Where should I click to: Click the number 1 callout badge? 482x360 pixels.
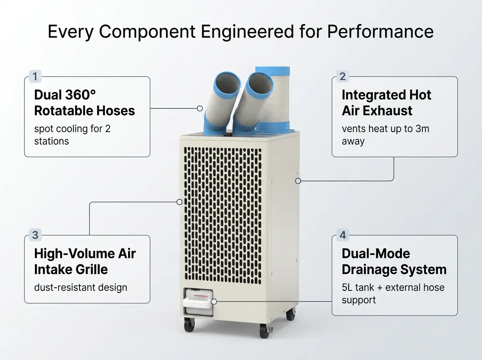coord(35,76)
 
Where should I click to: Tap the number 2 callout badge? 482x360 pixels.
coord(343,76)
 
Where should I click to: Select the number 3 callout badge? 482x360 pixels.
coord(35,235)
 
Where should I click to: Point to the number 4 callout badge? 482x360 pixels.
coord(343,235)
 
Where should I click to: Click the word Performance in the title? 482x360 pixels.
coord(380,32)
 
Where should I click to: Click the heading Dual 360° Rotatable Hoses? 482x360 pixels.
coord(84,102)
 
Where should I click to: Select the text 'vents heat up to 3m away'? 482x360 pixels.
coord(385,135)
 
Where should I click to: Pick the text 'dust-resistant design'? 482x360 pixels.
coord(81,288)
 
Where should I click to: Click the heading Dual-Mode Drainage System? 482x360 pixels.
coord(394,262)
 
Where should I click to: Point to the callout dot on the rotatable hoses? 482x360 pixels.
coord(200,108)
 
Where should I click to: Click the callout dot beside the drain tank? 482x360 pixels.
coord(214,302)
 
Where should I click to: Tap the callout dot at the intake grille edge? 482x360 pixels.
coord(180,202)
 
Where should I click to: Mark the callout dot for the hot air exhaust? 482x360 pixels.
coord(298,181)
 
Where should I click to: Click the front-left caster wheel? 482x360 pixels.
coord(189,325)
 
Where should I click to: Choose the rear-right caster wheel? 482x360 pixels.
coord(290,314)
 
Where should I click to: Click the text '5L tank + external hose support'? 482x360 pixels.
coord(393,294)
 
